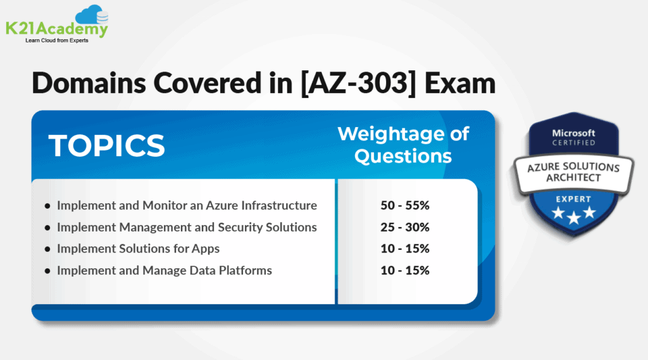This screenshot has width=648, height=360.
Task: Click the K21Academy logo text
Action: point(56,28)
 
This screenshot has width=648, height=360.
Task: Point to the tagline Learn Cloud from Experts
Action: point(57,40)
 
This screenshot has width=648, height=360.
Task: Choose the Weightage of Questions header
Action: point(403,145)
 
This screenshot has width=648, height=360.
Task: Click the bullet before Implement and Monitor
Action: point(47,206)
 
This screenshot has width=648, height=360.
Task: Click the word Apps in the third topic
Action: point(206,249)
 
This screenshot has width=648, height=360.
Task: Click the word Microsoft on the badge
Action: point(573,133)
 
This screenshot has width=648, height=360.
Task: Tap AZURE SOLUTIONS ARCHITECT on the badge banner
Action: point(573,173)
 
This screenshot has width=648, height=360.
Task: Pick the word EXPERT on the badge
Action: point(573,199)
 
